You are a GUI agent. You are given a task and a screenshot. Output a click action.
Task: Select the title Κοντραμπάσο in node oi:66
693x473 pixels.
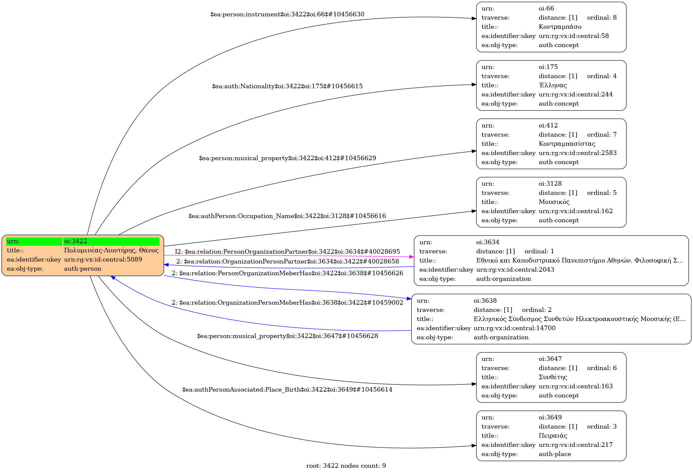[560, 27]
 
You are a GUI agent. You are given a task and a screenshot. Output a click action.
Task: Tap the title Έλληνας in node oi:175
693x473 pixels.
[553, 85]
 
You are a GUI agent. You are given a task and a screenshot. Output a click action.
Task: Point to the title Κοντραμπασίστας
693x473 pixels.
[567, 144]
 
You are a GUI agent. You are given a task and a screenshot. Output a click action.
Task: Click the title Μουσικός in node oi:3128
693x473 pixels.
[554, 202]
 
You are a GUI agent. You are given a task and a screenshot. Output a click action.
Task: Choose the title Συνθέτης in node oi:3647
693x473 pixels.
[553, 377]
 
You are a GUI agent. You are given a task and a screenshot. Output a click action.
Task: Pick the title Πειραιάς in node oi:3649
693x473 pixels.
[553, 436]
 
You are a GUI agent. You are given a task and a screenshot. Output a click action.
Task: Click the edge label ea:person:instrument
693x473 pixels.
[287, 14]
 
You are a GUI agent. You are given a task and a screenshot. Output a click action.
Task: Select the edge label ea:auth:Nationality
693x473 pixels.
[287, 86]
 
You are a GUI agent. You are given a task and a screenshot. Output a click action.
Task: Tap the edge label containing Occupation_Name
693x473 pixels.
[287, 216]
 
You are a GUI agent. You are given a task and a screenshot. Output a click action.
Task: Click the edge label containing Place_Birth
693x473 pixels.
[287, 390]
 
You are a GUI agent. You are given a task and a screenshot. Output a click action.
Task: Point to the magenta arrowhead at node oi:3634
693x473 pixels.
[412, 257]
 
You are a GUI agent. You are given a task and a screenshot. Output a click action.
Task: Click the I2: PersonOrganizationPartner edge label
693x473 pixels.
[287, 252]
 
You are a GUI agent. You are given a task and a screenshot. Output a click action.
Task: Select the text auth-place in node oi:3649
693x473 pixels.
[555, 454]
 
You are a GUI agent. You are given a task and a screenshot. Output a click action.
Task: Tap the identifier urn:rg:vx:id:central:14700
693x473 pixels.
[515, 328]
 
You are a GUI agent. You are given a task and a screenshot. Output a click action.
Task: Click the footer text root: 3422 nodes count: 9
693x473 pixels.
[346, 466]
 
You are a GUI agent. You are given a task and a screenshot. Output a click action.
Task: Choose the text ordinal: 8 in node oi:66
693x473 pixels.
[602, 18]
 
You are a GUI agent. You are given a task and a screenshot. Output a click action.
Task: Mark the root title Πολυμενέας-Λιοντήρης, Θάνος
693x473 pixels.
[111, 250]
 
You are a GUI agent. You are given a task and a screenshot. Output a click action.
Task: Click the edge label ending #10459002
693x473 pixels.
[287, 303]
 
